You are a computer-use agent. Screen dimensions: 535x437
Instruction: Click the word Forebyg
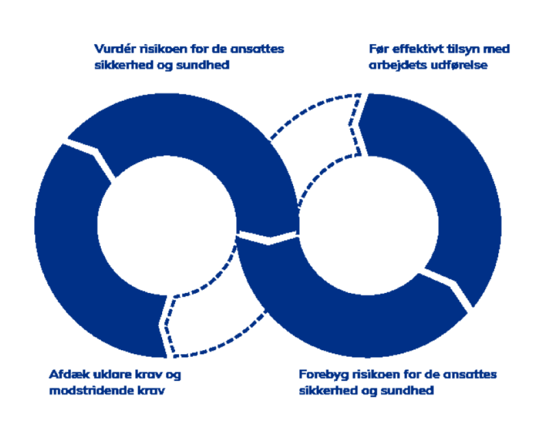tap(324, 375)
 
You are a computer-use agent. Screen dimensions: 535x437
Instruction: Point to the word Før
tap(379, 49)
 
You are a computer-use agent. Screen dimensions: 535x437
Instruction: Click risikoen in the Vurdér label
tap(163, 49)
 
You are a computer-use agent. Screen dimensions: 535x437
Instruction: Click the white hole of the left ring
tap(167, 226)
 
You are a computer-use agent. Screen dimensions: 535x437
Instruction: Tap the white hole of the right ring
tap(368, 226)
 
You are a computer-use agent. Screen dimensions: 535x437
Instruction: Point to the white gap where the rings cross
tap(268, 237)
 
